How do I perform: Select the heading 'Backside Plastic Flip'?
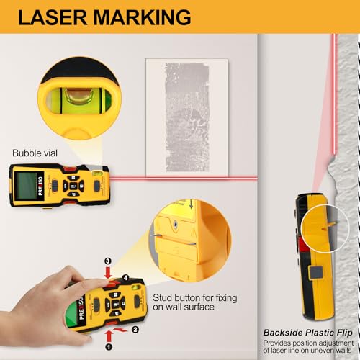(309, 333)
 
